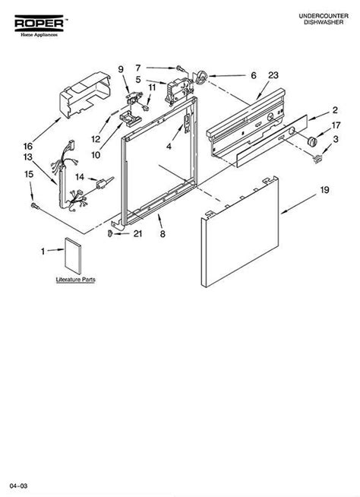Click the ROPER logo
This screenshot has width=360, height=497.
(x=39, y=25)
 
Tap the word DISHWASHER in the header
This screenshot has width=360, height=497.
(x=324, y=22)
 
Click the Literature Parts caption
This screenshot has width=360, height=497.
(x=75, y=280)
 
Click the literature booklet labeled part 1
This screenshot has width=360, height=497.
(x=73, y=256)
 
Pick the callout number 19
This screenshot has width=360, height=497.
(x=324, y=190)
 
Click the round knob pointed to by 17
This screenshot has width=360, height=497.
(x=312, y=141)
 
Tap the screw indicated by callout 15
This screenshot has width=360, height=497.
(x=34, y=206)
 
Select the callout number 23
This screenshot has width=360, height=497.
(x=273, y=75)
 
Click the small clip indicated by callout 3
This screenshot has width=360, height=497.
(x=317, y=158)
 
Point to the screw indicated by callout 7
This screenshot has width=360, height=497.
(x=179, y=68)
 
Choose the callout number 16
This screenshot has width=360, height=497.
(x=28, y=146)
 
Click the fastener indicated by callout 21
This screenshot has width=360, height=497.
(x=110, y=234)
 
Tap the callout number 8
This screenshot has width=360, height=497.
(x=163, y=234)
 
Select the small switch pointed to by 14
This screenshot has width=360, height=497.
(x=102, y=183)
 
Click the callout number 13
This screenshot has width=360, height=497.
(x=28, y=157)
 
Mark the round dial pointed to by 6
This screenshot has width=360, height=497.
(x=201, y=78)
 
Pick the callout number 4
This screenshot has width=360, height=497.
(x=169, y=147)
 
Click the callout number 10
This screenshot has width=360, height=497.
(x=96, y=155)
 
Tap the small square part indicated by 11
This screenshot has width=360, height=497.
(x=146, y=108)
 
